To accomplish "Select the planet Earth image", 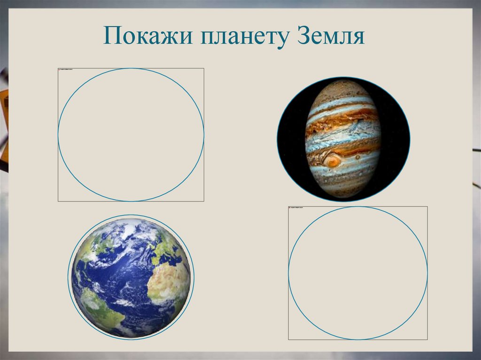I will (131, 277).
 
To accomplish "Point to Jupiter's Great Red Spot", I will (333, 162).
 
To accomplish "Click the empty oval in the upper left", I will (131, 135).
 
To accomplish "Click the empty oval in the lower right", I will (357, 273).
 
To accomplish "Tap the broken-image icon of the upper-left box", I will (60, 70).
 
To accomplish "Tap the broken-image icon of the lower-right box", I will (290, 208).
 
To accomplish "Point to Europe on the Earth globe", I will (167, 251).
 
